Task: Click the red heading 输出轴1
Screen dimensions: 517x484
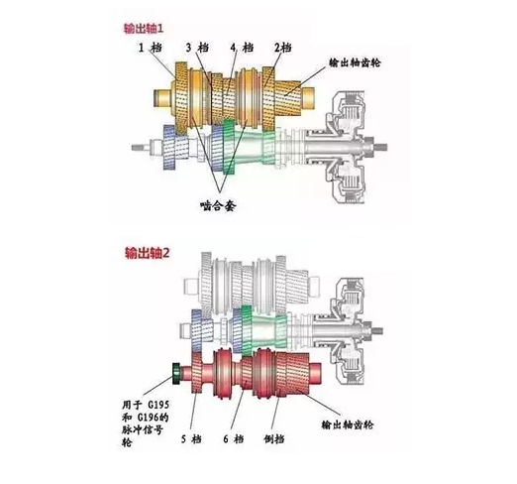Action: tap(144, 29)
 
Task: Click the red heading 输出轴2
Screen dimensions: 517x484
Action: tap(148, 253)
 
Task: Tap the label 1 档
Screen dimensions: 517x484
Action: tap(151, 48)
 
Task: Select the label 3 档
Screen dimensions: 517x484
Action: tap(197, 48)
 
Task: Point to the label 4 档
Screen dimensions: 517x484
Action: tap(242, 48)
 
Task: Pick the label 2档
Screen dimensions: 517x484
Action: tap(283, 48)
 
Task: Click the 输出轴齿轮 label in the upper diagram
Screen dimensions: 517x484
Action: tap(355, 62)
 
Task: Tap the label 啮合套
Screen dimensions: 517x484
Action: tap(218, 206)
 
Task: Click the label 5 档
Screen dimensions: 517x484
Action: tap(191, 439)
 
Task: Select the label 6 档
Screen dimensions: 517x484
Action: tap(234, 439)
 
